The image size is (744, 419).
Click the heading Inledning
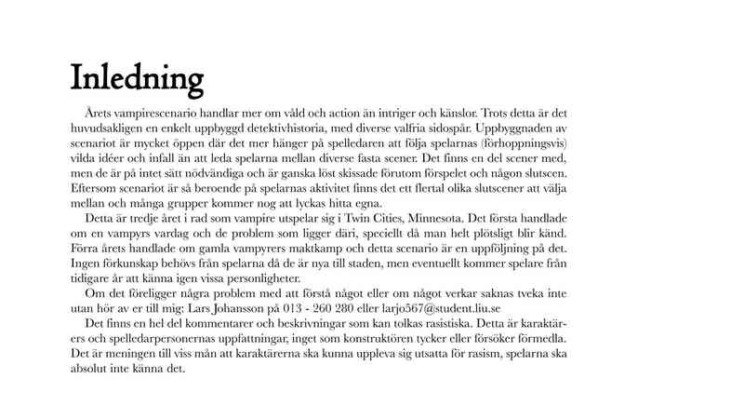137,74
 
